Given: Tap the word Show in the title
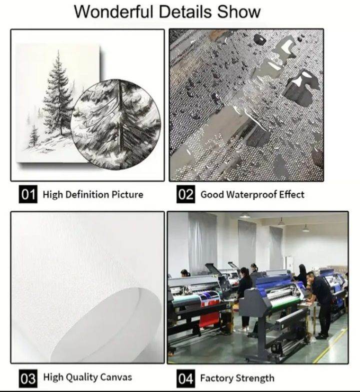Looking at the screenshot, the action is coord(239,12).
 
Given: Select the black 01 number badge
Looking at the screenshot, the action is coord(28,194).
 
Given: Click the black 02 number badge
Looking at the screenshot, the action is coord(185,194).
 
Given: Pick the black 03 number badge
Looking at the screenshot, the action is coord(28,378).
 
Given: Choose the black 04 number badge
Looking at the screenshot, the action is coord(185,378).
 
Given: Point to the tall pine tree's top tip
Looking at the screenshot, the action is coord(58,50).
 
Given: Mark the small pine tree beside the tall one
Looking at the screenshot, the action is coord(34,136).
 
